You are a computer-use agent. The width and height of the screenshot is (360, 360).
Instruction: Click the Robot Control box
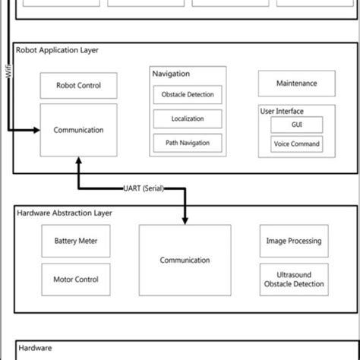click(78, 86)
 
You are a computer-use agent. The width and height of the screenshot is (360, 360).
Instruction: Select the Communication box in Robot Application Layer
click(78, 131)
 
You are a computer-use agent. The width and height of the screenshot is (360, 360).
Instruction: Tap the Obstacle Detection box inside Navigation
click(188, 96)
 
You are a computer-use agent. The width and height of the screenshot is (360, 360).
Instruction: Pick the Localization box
click(188, 119)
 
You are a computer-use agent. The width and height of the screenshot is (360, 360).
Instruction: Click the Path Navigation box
click(188, 142)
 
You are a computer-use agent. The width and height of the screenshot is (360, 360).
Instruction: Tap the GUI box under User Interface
click(297, 125)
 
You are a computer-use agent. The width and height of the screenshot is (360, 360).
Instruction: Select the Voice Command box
click(297, 144)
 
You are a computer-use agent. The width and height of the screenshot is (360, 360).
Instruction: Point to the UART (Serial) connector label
click(144, 188)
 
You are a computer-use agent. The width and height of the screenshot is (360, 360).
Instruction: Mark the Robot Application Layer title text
click(58, 50)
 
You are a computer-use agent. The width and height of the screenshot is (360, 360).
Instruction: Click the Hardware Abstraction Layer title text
click(65, 213)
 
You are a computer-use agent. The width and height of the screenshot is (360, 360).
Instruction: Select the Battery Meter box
click(76, 241)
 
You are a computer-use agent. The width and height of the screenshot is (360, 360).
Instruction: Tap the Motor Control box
click(76, 279)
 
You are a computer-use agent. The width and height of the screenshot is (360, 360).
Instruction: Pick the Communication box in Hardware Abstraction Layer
click(185, 260)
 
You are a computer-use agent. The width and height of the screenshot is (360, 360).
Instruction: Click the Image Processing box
click(294, 241)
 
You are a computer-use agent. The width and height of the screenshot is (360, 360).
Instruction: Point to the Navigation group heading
click(172, 74)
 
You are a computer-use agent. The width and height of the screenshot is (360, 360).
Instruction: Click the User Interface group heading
click(282, 111)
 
